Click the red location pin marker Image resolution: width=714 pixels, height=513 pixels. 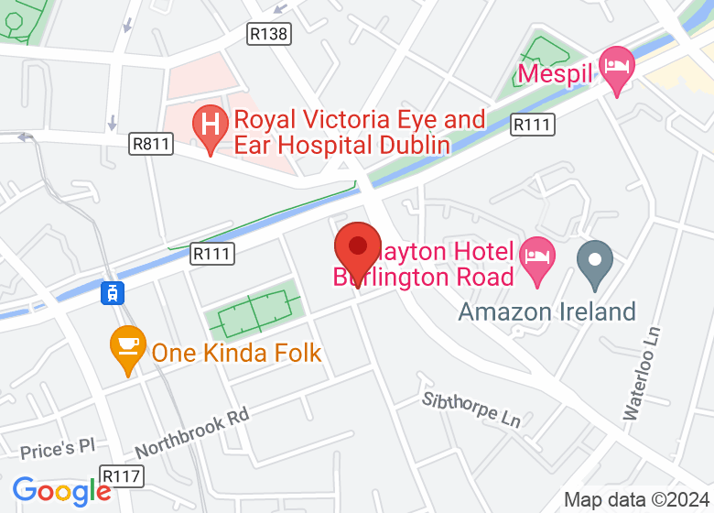(x=357, y=248)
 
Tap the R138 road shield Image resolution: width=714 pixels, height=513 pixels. (x=268, y=34)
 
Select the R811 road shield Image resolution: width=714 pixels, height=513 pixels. (x=151, y=143)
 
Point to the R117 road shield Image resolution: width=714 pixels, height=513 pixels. (x=121, y=476)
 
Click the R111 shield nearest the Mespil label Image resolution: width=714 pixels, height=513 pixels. (x=531, y=125)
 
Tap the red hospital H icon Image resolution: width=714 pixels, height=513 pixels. (x=211, y=121)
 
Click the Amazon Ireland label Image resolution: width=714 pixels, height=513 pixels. (x=547, y=311)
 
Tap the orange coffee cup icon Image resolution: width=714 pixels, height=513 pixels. (x=127, y=345)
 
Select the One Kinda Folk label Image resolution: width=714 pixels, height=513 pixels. (x=236, y=352)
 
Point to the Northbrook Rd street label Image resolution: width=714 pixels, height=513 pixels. (x=192, y=432)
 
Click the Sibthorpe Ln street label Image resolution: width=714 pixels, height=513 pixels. (x=471, y=409)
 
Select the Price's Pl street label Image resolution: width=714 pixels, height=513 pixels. (x=58, y=449)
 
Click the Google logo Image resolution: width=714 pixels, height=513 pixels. (x=61, y=491)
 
